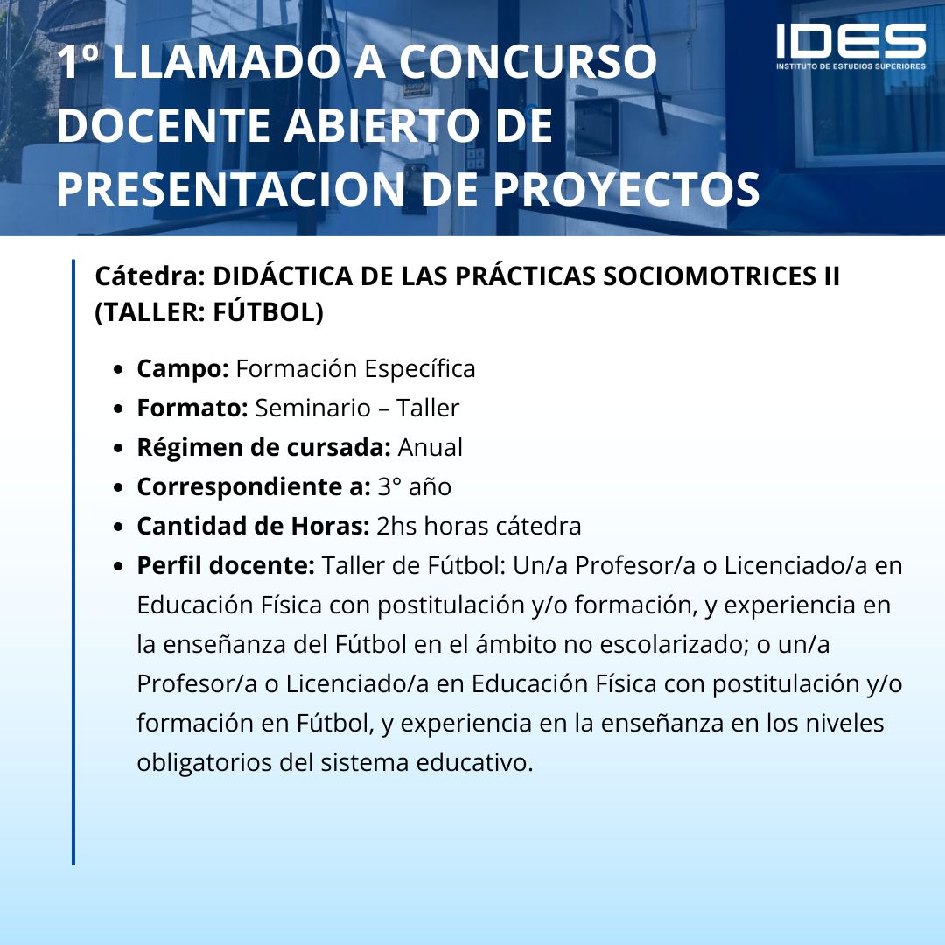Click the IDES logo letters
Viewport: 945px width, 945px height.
point(850,41)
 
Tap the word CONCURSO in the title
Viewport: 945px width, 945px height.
point(528,61)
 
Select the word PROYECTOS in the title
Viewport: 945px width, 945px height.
point(626,189)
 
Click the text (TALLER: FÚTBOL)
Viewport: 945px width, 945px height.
point(209,312)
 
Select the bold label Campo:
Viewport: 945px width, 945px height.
point(183,369)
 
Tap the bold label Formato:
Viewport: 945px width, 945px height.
point(192,408)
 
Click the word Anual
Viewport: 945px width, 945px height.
point(430,448)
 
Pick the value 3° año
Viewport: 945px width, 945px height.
point(415,487)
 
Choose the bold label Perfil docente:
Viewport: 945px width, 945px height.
point(226,565)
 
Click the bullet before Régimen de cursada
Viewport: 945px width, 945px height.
point(118,449)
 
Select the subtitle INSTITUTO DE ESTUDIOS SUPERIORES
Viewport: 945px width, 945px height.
point(850,66)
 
